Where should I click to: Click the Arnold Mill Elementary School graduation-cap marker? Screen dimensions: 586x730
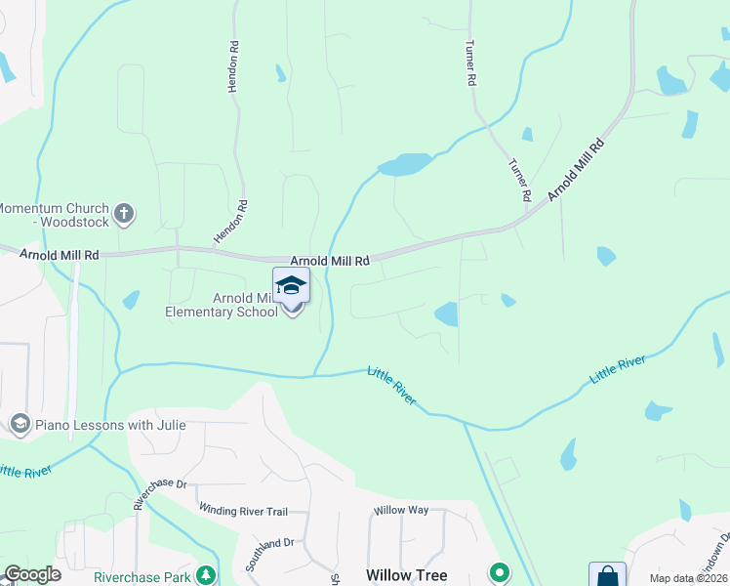[291, 287]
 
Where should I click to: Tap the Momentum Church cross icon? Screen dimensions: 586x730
[124, 213]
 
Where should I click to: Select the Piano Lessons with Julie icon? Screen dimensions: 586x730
[20, 425]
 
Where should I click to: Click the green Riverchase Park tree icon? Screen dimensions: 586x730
[205, 574]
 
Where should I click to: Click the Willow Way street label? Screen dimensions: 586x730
[401, 510]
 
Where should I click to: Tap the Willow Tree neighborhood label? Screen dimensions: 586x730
[407, 575]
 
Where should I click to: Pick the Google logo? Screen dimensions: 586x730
[32, 574]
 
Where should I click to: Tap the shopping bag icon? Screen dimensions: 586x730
[606, 575]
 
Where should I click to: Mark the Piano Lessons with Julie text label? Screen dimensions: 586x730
[110, 425]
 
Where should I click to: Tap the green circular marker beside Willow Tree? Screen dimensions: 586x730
[500, 572]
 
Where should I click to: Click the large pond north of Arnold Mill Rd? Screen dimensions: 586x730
[405, 165]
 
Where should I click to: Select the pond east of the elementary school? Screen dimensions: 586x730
[446, 314]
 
